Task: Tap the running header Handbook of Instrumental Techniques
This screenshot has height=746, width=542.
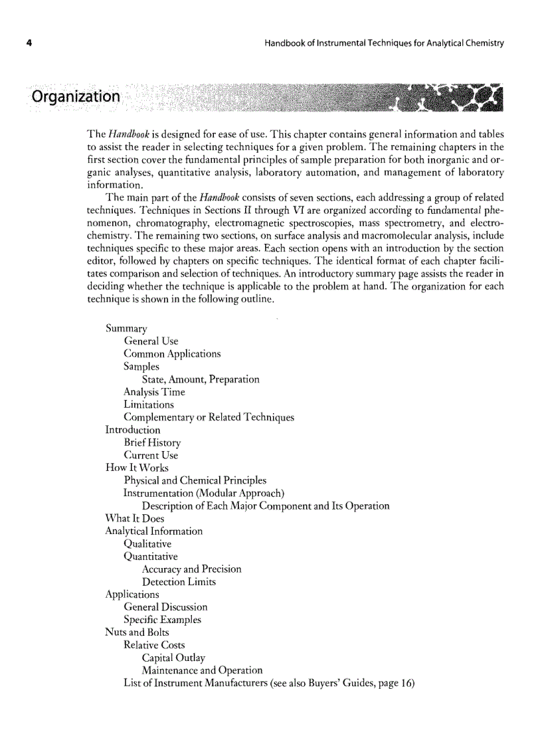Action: click(384, 44)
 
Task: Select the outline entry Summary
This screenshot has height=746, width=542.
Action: click(126, 328)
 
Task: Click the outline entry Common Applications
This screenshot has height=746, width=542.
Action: click(172, 353)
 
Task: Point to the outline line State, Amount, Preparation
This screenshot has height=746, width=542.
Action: click(201, 379)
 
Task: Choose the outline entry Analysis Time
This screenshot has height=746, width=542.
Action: click(154, 392)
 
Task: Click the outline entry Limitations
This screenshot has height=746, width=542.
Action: click(149, 405)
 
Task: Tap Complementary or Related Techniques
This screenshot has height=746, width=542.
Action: click(209, 417)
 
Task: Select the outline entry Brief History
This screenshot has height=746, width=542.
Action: click(152, 442)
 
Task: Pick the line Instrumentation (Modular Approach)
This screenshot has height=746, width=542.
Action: click(204, 493)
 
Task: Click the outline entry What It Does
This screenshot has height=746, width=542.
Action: click(135, 518)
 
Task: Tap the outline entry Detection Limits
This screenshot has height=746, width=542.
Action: click(179, 582)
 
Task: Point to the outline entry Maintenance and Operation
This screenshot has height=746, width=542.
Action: click(202, 670)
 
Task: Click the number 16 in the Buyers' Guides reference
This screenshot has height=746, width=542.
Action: click(404, 683)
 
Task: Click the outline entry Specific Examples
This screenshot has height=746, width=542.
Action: click(162, 620)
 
